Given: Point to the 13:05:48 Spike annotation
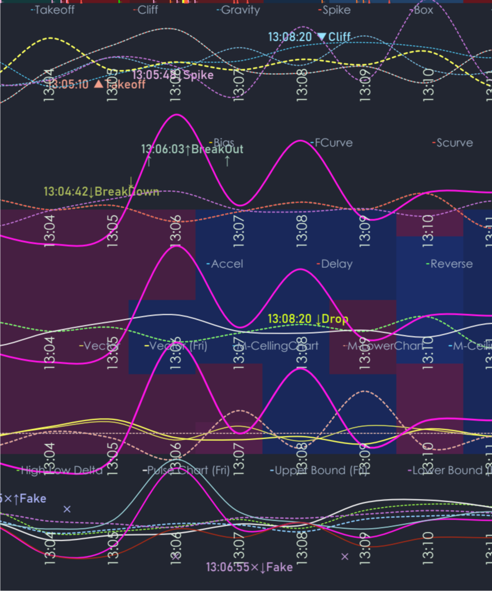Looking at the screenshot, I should point(173,75).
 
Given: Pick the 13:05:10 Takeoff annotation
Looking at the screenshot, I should point(95,84).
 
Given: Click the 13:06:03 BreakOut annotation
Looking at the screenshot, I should point(192,149).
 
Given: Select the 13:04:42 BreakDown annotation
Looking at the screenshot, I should point(102,191).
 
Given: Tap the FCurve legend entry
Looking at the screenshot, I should point(333,142).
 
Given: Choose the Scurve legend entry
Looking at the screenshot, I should point(454,142).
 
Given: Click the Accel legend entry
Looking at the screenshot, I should point(226,263).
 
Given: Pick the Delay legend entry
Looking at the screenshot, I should point(336,263).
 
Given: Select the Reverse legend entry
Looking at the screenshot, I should point(451,263).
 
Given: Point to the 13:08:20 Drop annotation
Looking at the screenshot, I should point(308,319).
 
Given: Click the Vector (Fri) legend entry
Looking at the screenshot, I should point(178,346).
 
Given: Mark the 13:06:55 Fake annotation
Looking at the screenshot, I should point(249,567).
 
